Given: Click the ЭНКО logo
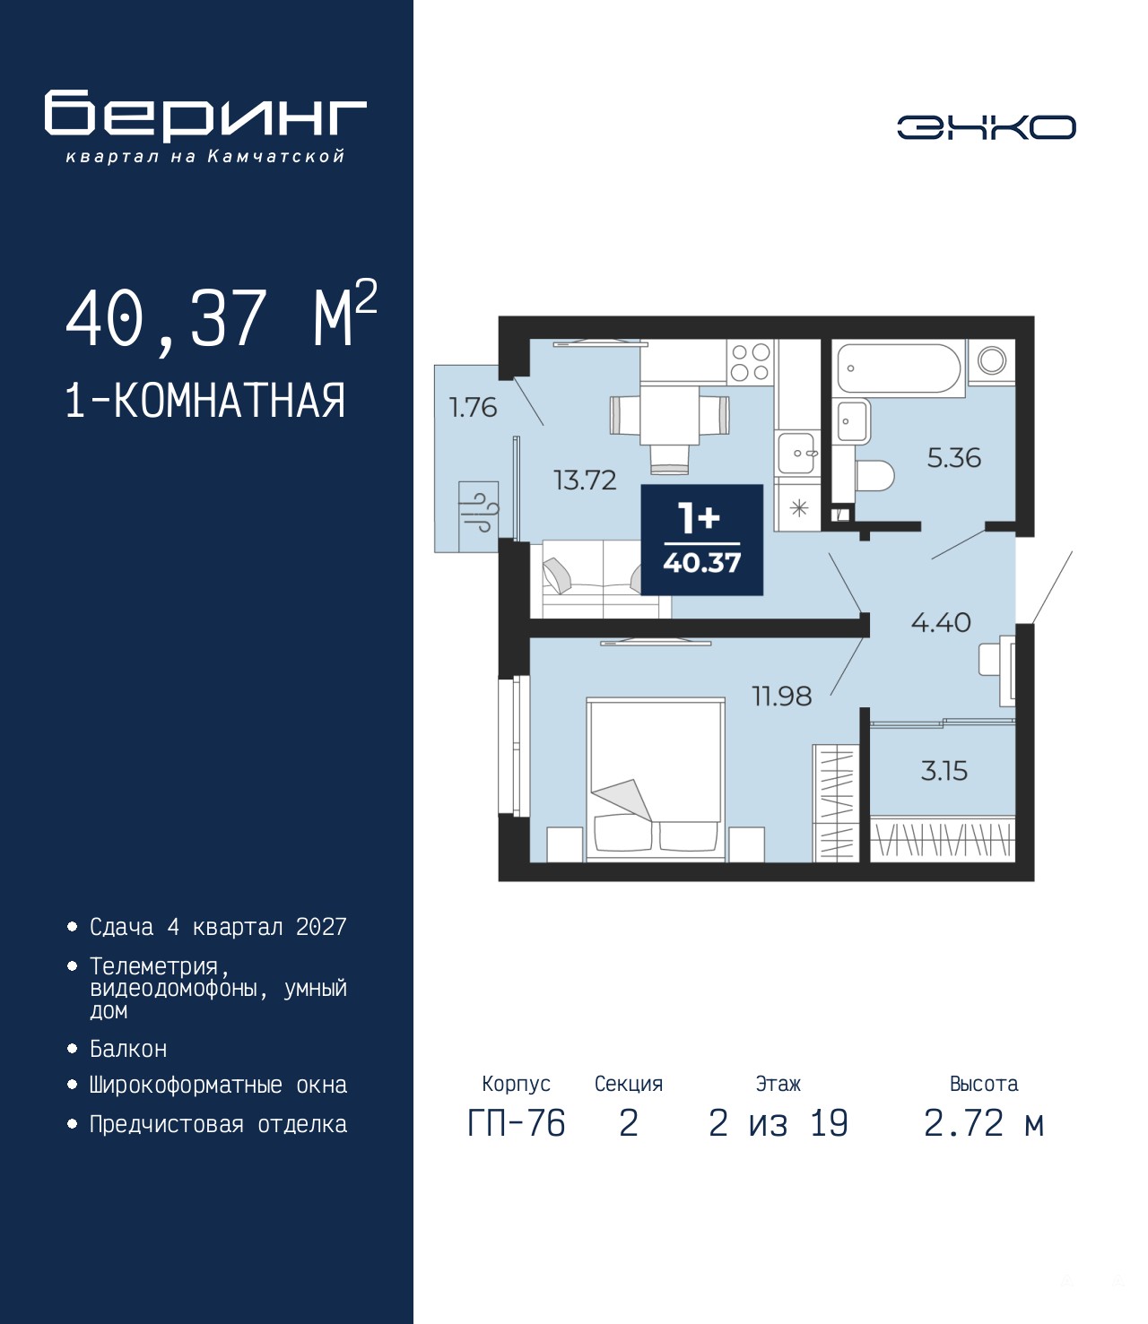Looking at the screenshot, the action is (x=986, y=126).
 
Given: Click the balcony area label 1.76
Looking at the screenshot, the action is (x=473, y=407).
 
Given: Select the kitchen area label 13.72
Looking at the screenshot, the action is (x=585, y=480).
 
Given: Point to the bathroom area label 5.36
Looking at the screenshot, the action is (x=953, y=458).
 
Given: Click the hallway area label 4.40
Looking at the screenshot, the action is (x=941, y=622).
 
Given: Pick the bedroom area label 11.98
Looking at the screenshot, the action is (x=782, y=696).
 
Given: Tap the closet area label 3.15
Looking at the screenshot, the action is (x=944, y=771).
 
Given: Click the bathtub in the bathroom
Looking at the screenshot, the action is (x=898, y=368).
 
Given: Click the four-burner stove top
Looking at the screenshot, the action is (x=750, y=362).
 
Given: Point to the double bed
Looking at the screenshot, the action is (x=656, y=780).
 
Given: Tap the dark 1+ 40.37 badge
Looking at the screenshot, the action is (x=702, y=540).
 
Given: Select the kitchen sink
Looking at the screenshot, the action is (x=796, y=453).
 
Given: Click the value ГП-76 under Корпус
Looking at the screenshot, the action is (x=516, y=1123).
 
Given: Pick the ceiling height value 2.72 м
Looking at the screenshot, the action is (x=984, y=1123).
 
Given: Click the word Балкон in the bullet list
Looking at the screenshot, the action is (x=128, y=1049).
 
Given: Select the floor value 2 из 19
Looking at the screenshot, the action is (x=778, y=1123).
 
